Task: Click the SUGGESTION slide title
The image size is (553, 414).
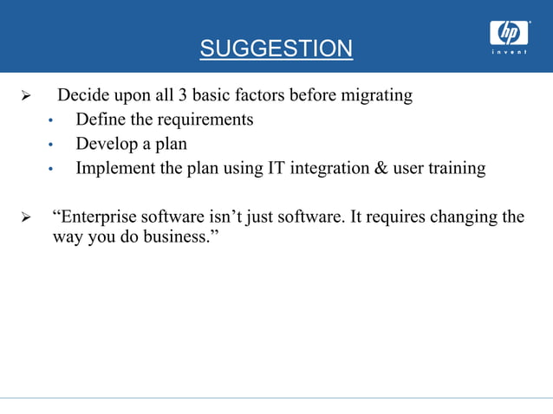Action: point(276,49)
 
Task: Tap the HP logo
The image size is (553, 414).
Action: point(509,32)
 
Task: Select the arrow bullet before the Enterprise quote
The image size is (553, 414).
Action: point(25,217)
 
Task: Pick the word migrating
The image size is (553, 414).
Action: point(375,95)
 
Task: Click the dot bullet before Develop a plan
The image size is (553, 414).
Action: point(51,145)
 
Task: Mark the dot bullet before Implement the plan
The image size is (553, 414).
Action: point(51,169)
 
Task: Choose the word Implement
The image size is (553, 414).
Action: point(115,168)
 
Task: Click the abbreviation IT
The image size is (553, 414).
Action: point(275,168)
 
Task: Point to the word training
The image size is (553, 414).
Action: point(457,168)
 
